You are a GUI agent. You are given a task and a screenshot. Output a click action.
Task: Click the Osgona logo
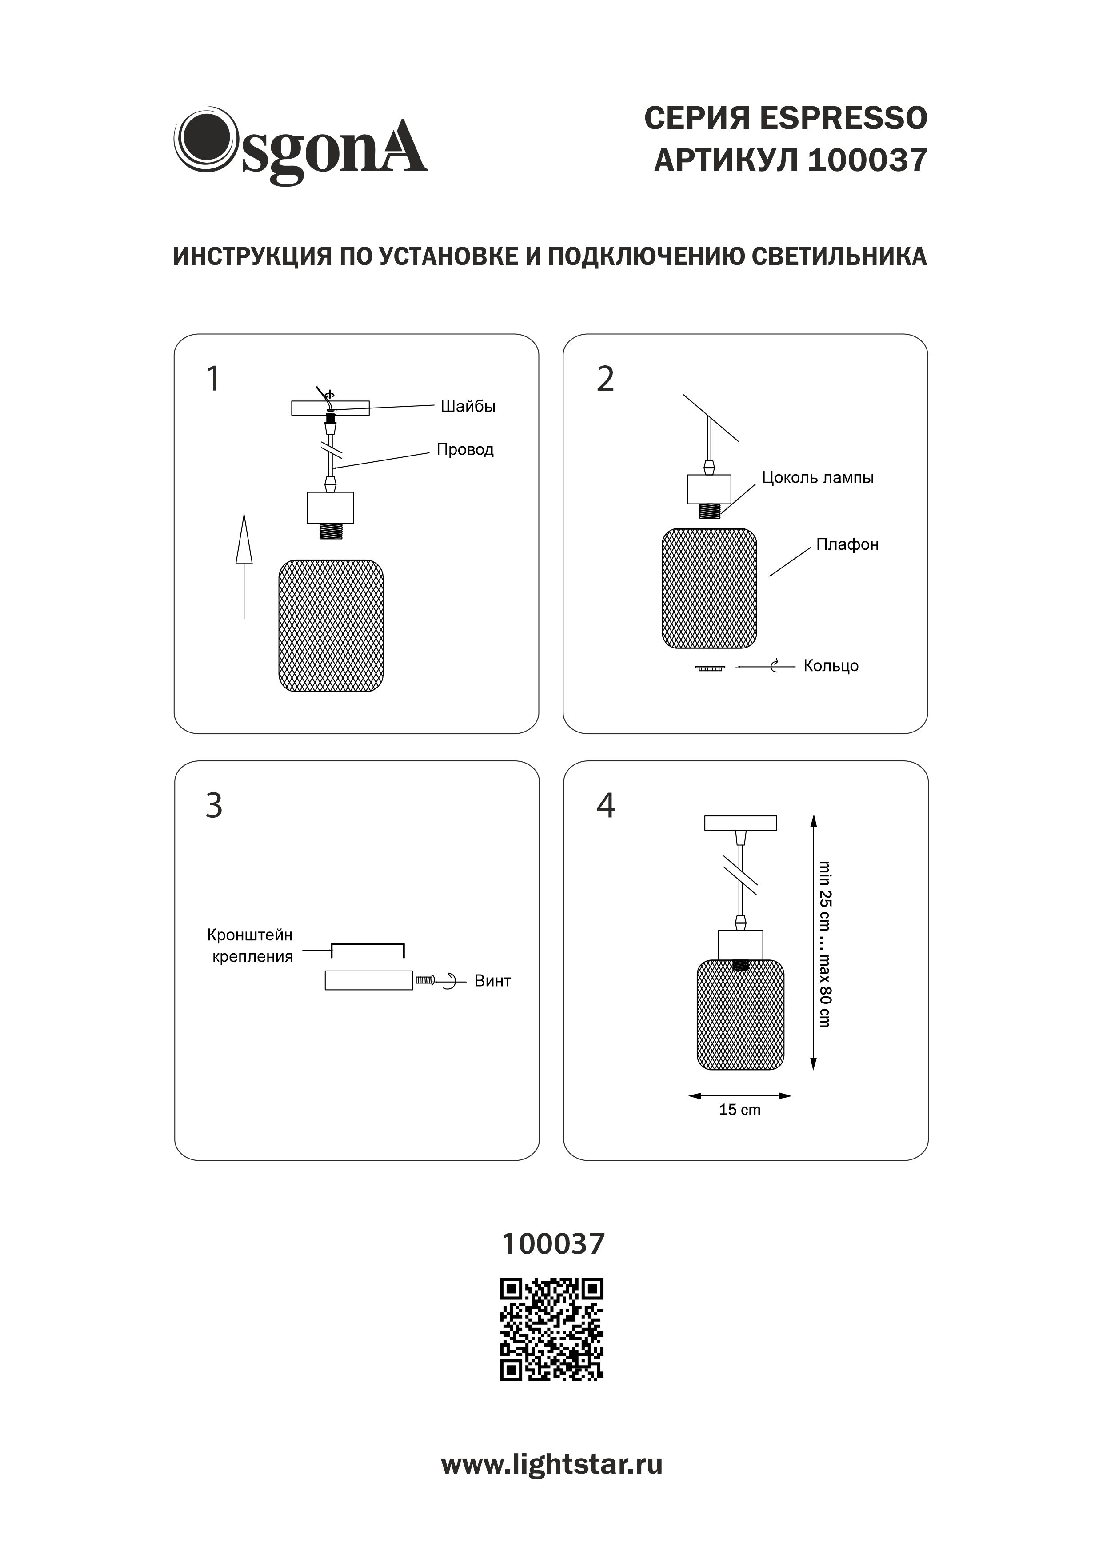(301, 145)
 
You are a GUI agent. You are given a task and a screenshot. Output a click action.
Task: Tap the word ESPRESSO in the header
(843, 118)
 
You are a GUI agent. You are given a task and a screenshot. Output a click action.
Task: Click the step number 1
(213, 379)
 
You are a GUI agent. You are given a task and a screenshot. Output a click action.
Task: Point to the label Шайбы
(468, 407)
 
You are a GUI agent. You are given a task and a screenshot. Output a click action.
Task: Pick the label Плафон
(847, 544)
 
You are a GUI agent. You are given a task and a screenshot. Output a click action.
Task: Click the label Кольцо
(831, 666)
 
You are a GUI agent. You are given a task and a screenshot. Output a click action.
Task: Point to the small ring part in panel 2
(710, 668)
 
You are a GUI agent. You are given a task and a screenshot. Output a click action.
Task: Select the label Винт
(492, 981)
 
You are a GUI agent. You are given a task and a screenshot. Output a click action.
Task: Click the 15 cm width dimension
(739, 1110)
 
